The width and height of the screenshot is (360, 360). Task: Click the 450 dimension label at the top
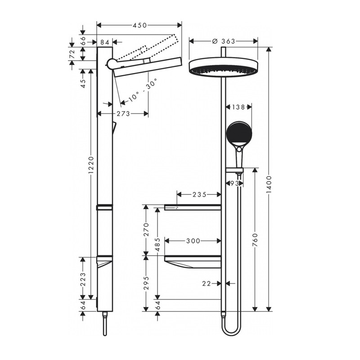pyautogui.click(x=139, y=25)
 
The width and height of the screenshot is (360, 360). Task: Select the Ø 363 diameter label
pyautogui.click(x=224, y=41)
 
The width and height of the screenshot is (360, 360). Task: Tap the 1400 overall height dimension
pyautogui.click(x=269, y=184)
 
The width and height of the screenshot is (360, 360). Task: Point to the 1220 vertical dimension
pyautogui.click(x=91, y=165)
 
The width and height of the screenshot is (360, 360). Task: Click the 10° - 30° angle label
pyautogui.click(x=143, y=90)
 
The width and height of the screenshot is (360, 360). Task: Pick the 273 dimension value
pyautogui.click(x=123, y=114)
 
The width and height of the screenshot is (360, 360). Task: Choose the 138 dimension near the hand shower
pyautogui.click(x=238, y=107)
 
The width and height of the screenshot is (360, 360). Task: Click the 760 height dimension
pyautogui.click(x=255, y=240)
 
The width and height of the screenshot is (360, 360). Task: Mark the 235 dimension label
pyautogui.click(x=199, y=195)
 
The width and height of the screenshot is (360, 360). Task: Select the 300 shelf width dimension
pyautogui.click(x=193, y=241)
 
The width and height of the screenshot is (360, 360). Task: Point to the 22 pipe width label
pyautogui.click(x=207, y=284)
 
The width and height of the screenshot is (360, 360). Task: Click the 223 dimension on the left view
pyautogui.click(x=83, y=279)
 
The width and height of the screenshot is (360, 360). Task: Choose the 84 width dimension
pyautogui.click(x=105, y=42)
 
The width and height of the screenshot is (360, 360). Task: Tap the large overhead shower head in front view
pyautogui.click(x=223, y=67)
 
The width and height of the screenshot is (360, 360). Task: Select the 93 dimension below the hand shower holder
pyautogui.click(x=234, y=183)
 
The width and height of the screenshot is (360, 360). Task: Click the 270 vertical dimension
pyautogui.click(x=146, y=229)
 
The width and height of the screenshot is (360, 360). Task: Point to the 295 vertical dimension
pyautogui.click(x=146, y=283)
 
